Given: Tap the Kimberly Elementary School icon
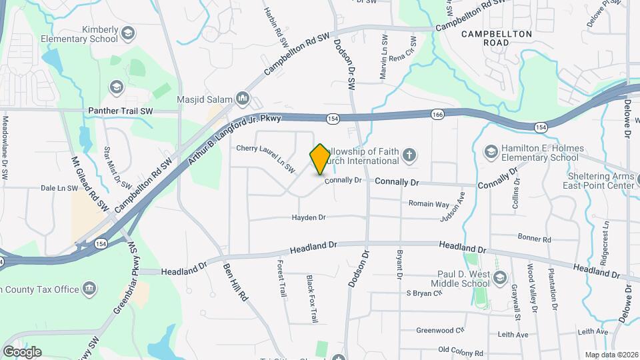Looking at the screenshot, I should [x=129, y=32].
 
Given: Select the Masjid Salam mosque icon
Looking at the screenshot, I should [x=242, y=100].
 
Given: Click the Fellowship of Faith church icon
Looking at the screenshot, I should [x=409, y=156].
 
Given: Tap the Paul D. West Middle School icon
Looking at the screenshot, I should [x=497, y=276].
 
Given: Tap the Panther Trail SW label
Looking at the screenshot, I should [x=121, y=111].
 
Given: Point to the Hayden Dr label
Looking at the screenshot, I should [x=309, y=217].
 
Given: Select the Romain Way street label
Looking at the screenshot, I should [x=429, y=203].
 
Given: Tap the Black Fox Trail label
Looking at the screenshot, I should [x=311, y=299].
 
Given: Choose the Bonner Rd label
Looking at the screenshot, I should [x=535, y=238].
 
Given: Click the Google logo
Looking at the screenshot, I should [x=22, y=352].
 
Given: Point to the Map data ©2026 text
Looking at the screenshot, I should [x=611, y=355].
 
